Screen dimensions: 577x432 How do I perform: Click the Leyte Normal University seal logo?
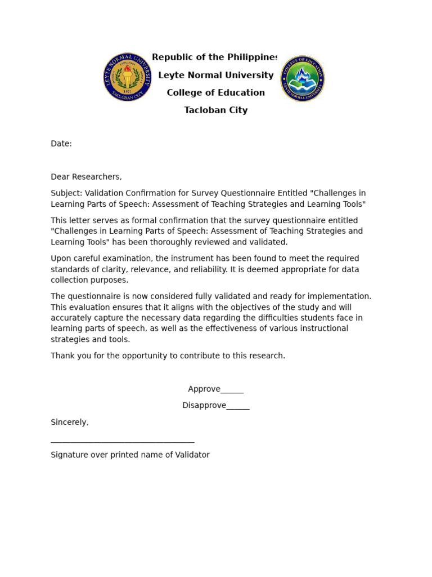pyautogui.click(x=128, y=77)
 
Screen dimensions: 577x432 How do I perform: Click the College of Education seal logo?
pyautogui.click(x=303, y=79)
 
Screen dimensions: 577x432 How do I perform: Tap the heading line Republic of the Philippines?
pyautogui.click(x=215, y=57)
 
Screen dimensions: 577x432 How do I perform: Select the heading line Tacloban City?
pyautogui.click(x=216, y=110)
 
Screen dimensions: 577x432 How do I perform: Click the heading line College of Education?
pyautogui.click(x=216, y=93)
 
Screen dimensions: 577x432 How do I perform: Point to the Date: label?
pyautogui.click(x=61, y=144)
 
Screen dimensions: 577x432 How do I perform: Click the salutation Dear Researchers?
pyautogui.click(x=86, y=177)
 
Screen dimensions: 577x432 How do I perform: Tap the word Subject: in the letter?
pyautogui.click(x=66, y=193)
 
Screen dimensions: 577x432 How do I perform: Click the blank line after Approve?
pyautogui.click(x=232, y=390)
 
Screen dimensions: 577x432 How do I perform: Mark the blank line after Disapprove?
pyautogui.click(x=238, y=406)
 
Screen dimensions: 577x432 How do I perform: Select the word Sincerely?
pyautogui.click(x=69, y=423)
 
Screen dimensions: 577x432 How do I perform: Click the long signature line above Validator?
pyautogui.click(x=123, y=442)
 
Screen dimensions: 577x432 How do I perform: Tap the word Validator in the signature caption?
pyautogui.click(x=192, y=455)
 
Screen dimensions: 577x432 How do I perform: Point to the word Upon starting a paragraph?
pyautogui.click(x=61, y=259)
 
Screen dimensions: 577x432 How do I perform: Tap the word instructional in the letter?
pyautogui.click(x=322, y=329)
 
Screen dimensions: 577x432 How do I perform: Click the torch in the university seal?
pyautogui.click(x=128, y=75)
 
